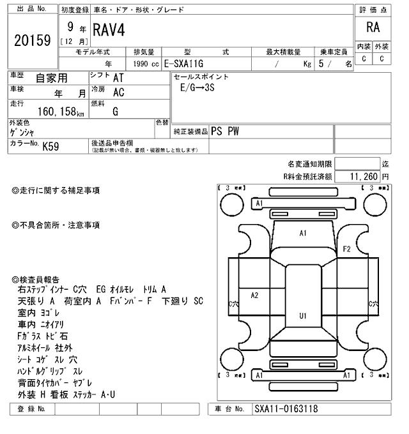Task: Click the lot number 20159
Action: click(31, 40)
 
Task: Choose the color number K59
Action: click(51, 146)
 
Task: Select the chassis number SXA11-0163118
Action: click(287, 409)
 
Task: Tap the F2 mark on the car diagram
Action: click(347, 248)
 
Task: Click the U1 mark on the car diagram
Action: click(302, 316)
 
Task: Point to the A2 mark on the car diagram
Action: click(254, 295)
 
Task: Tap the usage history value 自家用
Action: click(50, 78)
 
